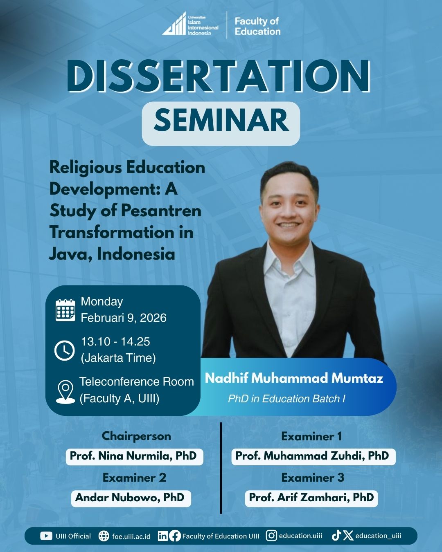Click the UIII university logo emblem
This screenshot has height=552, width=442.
click(174, 24)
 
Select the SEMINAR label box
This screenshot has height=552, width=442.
click(221, 123)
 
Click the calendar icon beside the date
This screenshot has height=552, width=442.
click(65, 310)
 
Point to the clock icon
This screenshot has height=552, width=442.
click(65, 351)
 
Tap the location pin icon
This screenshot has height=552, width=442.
click(65, 392)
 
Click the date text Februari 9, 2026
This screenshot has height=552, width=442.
click(124, 318)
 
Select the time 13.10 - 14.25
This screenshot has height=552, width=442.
click(115, 342)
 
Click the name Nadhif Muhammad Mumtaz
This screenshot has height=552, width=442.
click(294, 378)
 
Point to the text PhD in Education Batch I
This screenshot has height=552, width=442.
click(286, 399)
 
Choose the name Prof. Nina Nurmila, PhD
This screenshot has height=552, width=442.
click(133, 456)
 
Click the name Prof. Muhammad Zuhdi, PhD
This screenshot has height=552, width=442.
click(312, 456)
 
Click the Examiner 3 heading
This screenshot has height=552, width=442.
click(313, 478)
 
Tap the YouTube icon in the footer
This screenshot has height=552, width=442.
click(46, 536)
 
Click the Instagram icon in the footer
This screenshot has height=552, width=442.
click(271, 536)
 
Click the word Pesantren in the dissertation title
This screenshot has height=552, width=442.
click(161, 211)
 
